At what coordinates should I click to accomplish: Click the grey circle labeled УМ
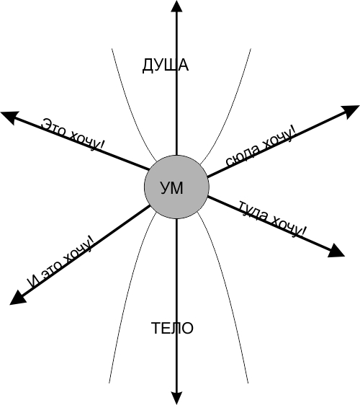[176, 187]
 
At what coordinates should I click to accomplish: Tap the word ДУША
[166, 66]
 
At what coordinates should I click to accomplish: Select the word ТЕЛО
[172, 328]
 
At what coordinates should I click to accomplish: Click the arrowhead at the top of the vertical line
[177, 6]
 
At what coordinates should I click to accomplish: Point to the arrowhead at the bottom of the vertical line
[177, 399]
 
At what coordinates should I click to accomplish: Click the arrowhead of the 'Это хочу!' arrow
[10, 117]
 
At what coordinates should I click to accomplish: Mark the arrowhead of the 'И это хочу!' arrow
[17, 298]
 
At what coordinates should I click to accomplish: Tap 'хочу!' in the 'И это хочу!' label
[78, 251]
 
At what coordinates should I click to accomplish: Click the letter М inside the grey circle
[177, 188]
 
